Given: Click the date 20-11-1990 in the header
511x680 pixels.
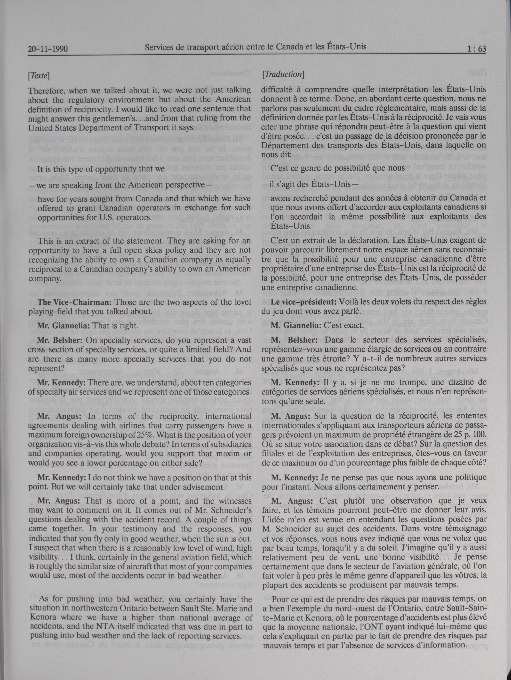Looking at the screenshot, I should pyautogui.click(x=48, y=49).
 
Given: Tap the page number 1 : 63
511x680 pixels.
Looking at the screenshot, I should pyautogui.click(x=477, y=49).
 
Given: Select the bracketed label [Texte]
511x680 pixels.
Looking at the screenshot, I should pyautogui.click(x=39, y=76).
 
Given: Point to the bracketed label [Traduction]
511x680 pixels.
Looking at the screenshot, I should pyautogui.click(x=283, y=74).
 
